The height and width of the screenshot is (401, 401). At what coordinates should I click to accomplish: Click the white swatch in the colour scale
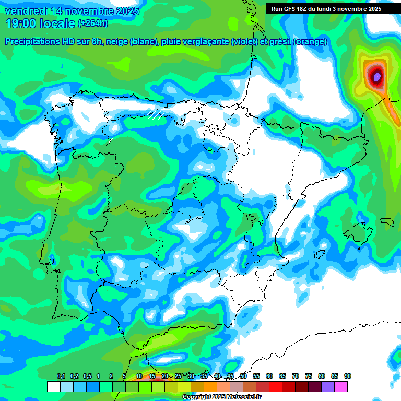click(53, 386)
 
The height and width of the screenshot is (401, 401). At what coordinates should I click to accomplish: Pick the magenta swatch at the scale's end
click(341, 386)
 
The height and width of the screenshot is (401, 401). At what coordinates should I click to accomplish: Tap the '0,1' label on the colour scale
click(61, 376)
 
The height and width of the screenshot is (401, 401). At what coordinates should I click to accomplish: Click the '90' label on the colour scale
click(348, 376)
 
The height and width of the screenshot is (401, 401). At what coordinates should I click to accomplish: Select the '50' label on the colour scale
click(243, 376)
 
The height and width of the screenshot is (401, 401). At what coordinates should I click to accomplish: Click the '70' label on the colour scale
click(296, 376)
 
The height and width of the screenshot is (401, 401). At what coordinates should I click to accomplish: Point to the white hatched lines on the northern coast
click(156, 114)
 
